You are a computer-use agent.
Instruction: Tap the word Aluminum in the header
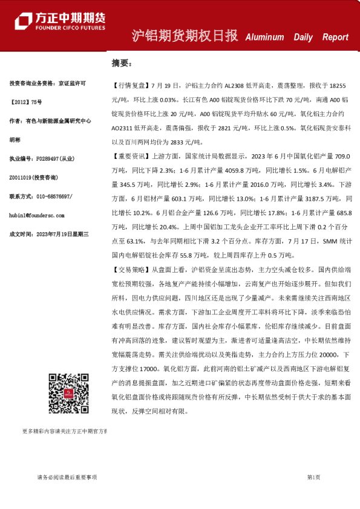click(x=264, y=37)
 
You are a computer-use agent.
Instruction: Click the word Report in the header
click(x=335, y=37)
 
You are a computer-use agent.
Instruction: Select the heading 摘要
click(x=121, y=63)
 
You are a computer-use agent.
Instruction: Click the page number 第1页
click(x=313, y=478)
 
